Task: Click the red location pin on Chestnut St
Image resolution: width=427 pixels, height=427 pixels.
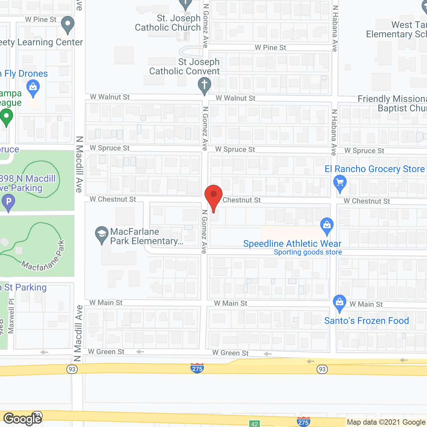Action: tap(213, 195)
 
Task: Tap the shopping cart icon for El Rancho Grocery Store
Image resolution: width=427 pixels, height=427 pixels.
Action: tap(340, 183)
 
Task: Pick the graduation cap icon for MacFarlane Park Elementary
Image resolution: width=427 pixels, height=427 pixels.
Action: tap(101, 234)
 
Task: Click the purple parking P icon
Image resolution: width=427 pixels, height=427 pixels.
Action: tap(8, 202)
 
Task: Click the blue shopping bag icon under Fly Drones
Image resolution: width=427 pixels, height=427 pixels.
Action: tap(33, 88)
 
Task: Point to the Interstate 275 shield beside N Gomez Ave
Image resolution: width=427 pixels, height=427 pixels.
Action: tap(197, 368)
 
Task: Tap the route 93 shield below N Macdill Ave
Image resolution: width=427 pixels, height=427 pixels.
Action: tap(72, 369)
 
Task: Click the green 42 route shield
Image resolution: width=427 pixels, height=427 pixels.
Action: tap(255, 424)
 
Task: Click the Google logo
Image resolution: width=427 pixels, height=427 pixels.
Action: tap(22, 419)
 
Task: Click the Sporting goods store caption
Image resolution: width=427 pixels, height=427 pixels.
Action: tap(308, 252)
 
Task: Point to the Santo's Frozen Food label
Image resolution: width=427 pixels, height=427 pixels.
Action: tap(366, 321)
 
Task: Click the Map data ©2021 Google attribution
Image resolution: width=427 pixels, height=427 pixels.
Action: tap(386, 422)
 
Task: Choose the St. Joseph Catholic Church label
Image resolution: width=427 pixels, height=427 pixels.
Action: tap(168, 23)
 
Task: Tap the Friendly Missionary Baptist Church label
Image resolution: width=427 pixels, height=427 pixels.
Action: tap(392, 103)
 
